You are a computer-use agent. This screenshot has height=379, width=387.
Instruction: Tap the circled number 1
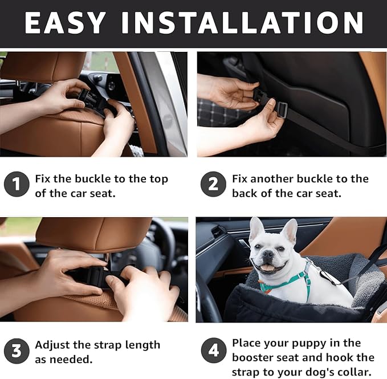pyautogui.click(x=16, y=185)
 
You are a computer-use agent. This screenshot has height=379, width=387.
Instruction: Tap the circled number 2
pyautogui.click(x=213, y=185)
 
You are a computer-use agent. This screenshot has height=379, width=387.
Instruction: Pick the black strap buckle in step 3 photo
pyautogui.click(x=91, y=276)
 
